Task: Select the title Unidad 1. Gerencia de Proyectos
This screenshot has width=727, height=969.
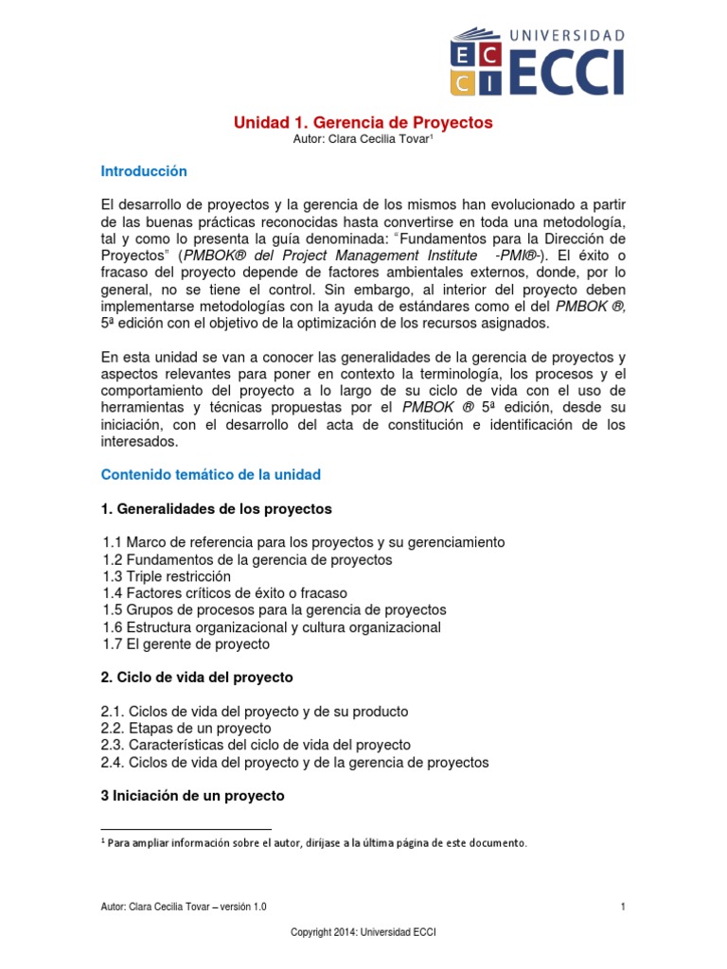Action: (x=363, y=123)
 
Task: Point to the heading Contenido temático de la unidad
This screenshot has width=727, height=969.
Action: (x=210, y=474)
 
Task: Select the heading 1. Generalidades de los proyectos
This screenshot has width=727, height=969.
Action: (x=216, y=508)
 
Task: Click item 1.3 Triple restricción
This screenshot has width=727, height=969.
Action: (x=167, y=576)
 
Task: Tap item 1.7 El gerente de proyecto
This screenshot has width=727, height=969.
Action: (x=186, y=644)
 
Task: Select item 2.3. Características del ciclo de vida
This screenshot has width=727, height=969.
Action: (x=256, y=745)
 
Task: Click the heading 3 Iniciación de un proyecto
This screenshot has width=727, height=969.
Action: (x=192, y=796)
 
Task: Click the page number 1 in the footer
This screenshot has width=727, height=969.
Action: (x=623, y=907)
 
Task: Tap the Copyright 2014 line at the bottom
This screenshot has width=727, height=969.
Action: (x=363, y=932)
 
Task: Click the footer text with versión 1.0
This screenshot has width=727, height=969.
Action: (x=184, y=907)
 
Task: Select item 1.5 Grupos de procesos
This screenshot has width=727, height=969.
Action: (x=275, y=610)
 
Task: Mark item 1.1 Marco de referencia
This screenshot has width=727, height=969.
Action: (x=304, y=542)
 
